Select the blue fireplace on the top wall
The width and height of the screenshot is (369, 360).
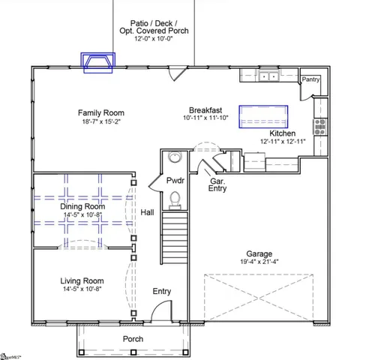pyautogui.click(x=100, y=64)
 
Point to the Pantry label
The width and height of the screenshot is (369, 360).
pyautogui.click(x=310, y=79)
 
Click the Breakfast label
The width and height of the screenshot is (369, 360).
pyautogui.click(x=204, y=109)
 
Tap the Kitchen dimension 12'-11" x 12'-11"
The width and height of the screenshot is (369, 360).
pyautogui.click(x=283, y=141)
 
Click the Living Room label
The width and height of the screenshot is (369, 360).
pyautogui.click(x=81, y=281)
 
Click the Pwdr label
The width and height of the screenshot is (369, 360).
pyautogui.click(x=175, y=181)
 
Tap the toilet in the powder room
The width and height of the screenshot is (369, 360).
pyautogui.click(x=174, y=199)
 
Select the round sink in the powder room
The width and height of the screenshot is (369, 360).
pyautogui.click(x=175, y=157)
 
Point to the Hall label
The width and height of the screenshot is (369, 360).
pyautogui.click(x=147, y=213)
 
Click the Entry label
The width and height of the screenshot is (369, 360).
pyautogui.click(x=161, y=291)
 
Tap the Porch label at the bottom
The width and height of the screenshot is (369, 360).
pyautogui.click(x=133, y=339)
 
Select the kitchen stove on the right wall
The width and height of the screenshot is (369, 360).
pyautogui.click(x=320, y=126)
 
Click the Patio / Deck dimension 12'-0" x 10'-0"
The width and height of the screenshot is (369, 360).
pyautogui.click(x=154, y=40)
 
